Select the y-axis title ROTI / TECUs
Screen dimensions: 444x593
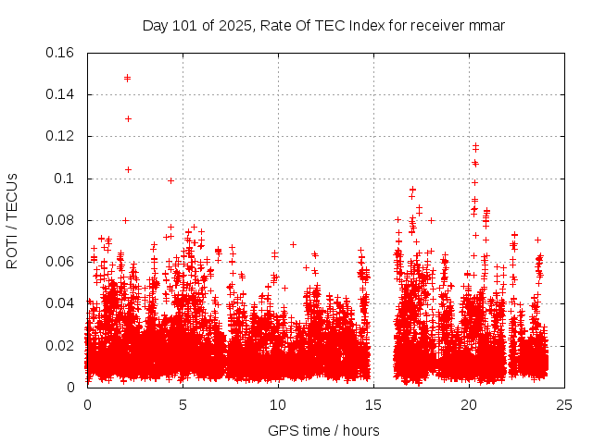point(13,220)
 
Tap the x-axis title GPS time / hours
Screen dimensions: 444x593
point(323,430)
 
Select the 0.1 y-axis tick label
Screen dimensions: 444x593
point(66,179)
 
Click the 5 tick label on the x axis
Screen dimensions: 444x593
point(183,405)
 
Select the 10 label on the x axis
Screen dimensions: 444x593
point(278,405)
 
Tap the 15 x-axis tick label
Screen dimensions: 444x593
point(373,405)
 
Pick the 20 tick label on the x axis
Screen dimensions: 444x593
point(469,405)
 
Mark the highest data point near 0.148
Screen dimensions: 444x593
point(127,78)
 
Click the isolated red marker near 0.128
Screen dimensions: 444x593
point(128,118)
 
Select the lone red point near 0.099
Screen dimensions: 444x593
point(170,180)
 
